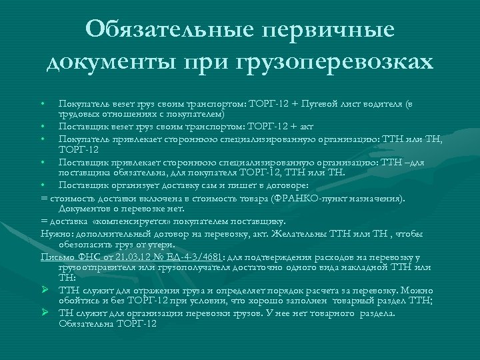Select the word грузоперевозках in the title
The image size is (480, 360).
333,61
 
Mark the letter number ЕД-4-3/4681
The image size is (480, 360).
197,256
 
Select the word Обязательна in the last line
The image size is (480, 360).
88,324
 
